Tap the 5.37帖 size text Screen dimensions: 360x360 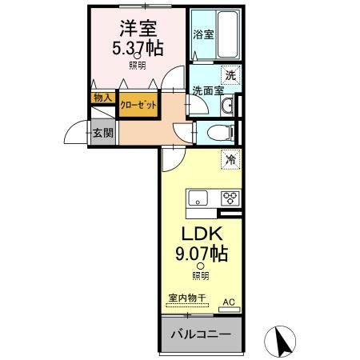(x=137, y=47)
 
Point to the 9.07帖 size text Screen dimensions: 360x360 (x=201, y=256)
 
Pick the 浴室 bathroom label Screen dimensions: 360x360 (x=203, y=34)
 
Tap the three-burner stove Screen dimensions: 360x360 (x=230, y=198)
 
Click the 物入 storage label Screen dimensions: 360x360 (x=102, y=98)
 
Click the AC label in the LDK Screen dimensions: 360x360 (x=229, y=301)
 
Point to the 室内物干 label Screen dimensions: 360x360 (x=186, y=298)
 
